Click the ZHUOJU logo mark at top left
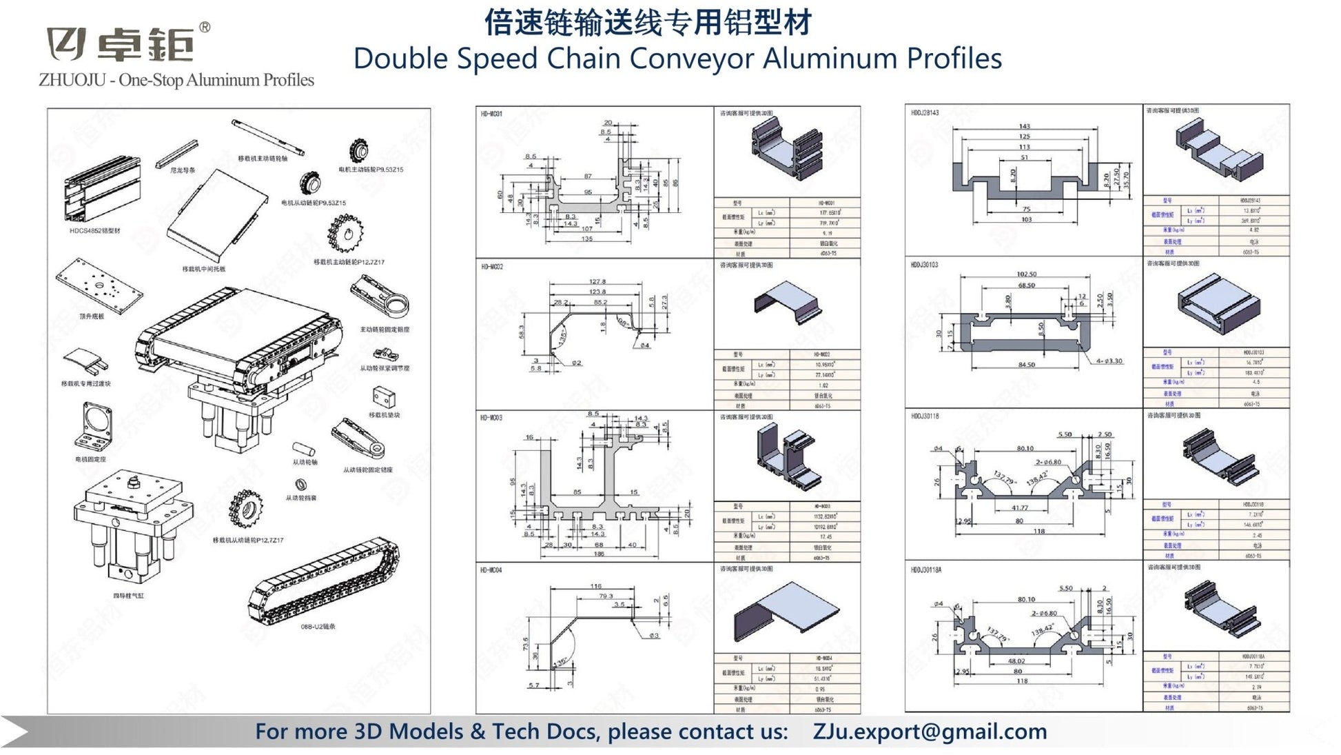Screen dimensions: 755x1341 66,44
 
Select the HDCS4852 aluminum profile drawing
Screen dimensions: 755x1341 101,190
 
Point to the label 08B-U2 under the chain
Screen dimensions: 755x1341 318,627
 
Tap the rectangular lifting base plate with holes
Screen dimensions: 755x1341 99,285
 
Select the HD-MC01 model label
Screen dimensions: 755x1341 491,114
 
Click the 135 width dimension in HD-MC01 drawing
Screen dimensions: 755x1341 587,239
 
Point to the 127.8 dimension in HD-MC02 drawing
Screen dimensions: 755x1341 597,281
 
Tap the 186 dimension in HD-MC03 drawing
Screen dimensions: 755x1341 598,554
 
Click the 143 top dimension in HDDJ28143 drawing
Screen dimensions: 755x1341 1024,126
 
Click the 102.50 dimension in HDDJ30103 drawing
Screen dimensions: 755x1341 1026,274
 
